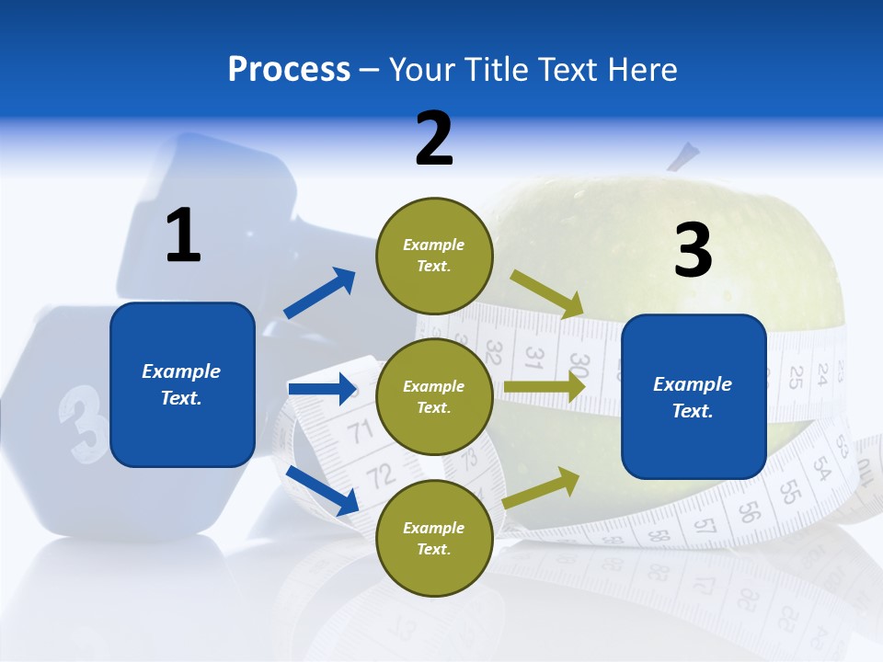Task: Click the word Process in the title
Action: point(290,69)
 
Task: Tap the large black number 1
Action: point(184,234)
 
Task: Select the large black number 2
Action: point(434,139)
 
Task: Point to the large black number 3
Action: point(694,249)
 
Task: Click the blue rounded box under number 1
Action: point(182,384)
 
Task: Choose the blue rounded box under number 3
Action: point(694,397)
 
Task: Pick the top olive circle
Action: point(434,256)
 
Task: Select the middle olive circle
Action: point(434,397)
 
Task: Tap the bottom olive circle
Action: point(434,538)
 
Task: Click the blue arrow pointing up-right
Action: point(320,292)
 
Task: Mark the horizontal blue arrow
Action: point(322,388)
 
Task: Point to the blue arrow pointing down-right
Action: point(323,491)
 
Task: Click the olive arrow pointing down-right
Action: point(546,295)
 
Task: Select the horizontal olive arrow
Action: point(545,387)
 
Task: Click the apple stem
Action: point(683,156)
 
